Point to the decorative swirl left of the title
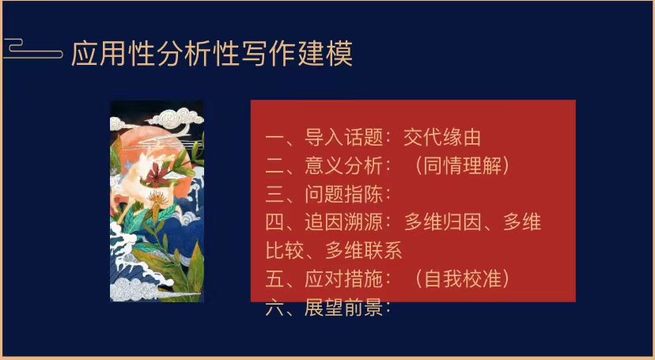(x=32, y=48)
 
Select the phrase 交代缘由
(x=442, y=138)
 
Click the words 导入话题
(x=343, y=138)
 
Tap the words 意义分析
(x=343, y=166)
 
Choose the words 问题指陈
(x=343, y=194)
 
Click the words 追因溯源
(x=343, y=222)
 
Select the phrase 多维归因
(x=442, y=222)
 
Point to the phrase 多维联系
(x=363, y=251)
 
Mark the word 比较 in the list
(x=285, y=251)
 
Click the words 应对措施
(x=343, y=279)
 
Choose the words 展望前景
(x=343, y=309)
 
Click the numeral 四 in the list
(x=274, y=222)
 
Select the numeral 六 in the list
(x=274, y=309)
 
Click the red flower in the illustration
(x=156, y=176)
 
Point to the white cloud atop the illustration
(x=176, y=118)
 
